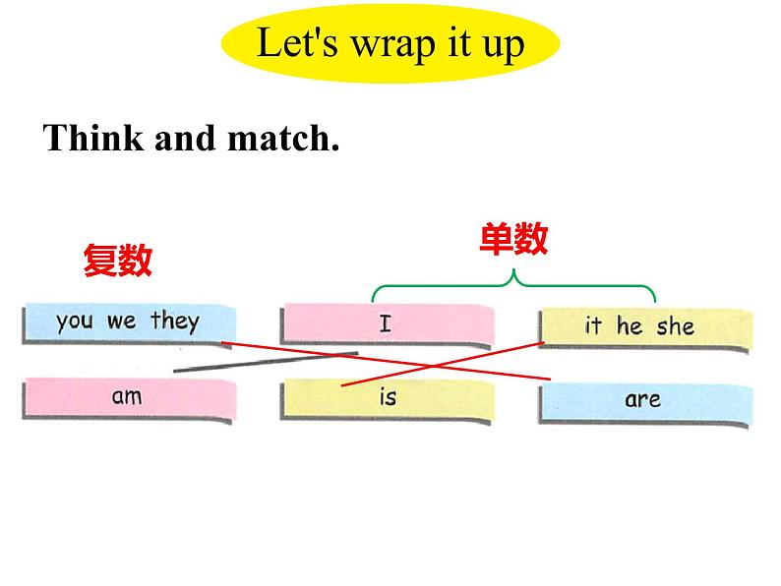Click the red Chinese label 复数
[118, 260]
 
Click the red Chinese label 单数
[513, 239]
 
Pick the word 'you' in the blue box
[76, 322]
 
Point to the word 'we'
[122, 322]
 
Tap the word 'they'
[175, 322]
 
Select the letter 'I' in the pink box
[385, 323]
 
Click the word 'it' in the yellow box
[593, 326]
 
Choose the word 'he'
[630, 326]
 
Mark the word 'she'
[676, 326]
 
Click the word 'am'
[127, 397]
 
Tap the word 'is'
[387, 397]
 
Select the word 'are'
[642, 399]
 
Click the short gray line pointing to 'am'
[266, 362]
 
